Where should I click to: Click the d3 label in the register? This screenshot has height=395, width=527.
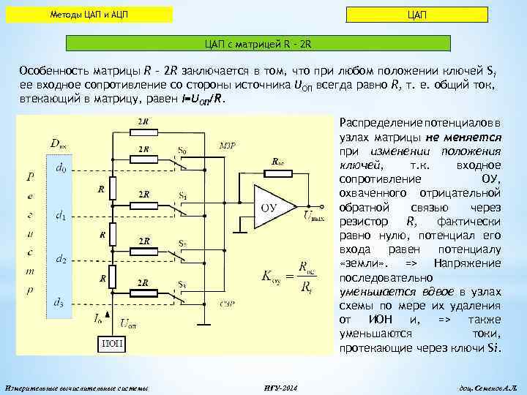(60, 301)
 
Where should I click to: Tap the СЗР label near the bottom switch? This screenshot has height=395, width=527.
(227, 301)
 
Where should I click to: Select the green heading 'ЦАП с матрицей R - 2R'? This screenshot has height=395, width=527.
(263, 45)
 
